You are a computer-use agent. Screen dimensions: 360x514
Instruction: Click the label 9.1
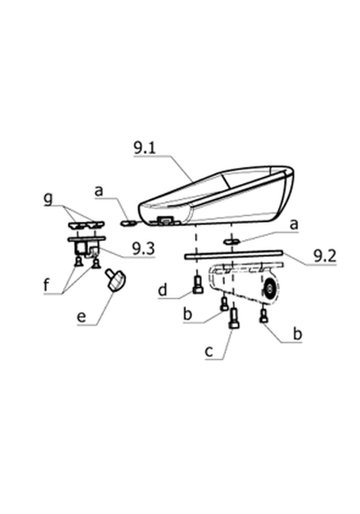pyautogui.click(x=145, y=148)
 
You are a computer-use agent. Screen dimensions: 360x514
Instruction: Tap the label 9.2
pyautogui.click(x=325, y=256)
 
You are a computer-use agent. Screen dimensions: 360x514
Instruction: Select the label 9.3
pyautogui.click(x=143, y=249)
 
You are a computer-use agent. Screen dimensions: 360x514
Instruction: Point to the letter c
pyautogui.click(x=209, y=352)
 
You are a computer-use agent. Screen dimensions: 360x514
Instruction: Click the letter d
pyautogui.click(x=162, y=290)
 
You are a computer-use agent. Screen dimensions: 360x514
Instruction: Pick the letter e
pyautogui.click(x=81, y=317)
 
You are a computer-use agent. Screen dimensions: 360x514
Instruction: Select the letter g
pyautogui.click(x=48, y=198)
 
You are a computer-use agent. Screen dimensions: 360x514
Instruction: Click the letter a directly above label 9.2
pyautogui.click(x=294, y=225)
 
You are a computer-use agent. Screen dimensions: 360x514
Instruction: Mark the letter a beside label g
pyautogui.click(x=99, y=191)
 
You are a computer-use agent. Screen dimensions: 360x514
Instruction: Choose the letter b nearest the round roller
pyautogui.click(x=297, y=334)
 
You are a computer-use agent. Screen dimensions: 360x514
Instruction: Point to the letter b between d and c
pyautogui.click(x=187, y=314)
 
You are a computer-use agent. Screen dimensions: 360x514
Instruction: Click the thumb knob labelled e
pyautogui.click(x=115, y=280)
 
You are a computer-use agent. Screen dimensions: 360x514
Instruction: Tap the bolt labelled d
pyautogui.click(x=198, y=284)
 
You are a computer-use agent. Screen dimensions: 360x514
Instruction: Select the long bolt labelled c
pyautogui.click(x=234, y=319)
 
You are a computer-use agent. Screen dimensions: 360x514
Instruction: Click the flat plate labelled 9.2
pyautogui.click(x=234, y=255)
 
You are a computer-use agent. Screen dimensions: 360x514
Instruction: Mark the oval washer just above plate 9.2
pyautogui.click(x=232, y=242)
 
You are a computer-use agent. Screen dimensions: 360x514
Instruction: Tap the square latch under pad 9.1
pyautogui.click(x=165, y=220)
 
